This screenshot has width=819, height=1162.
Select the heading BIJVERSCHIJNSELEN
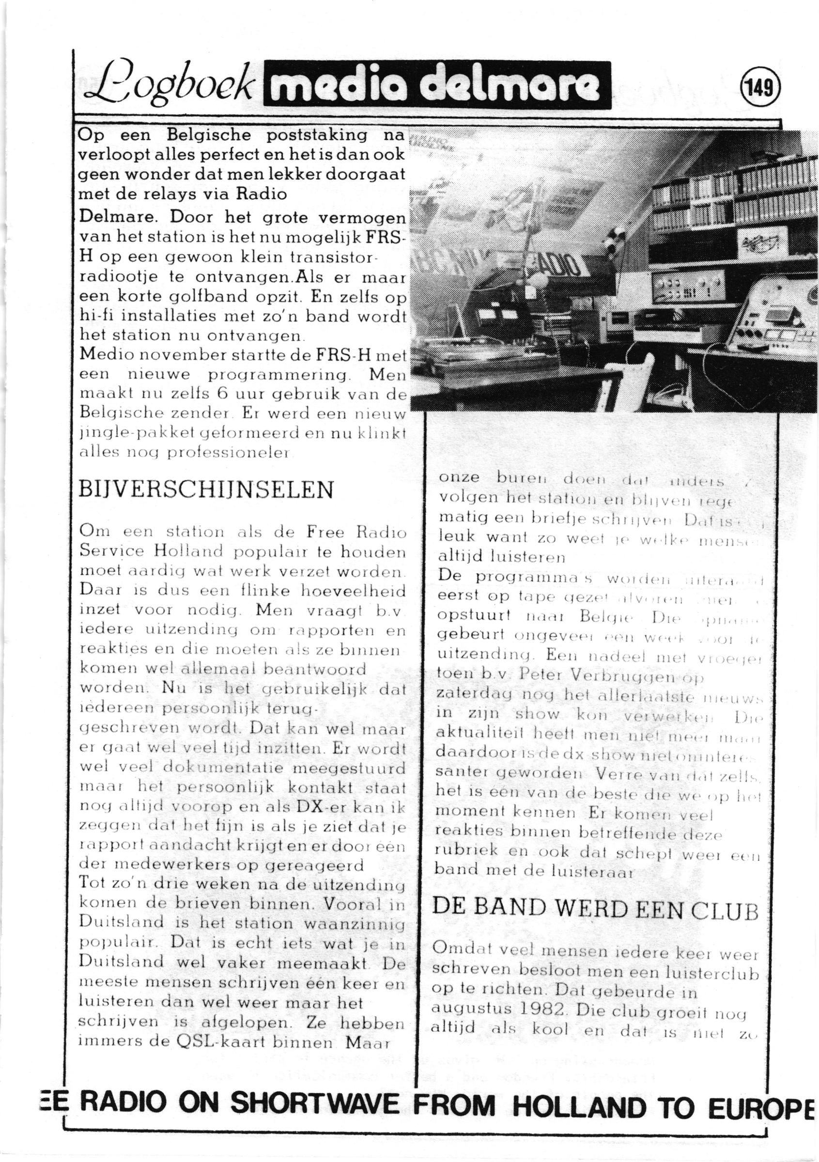pos(206,490)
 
